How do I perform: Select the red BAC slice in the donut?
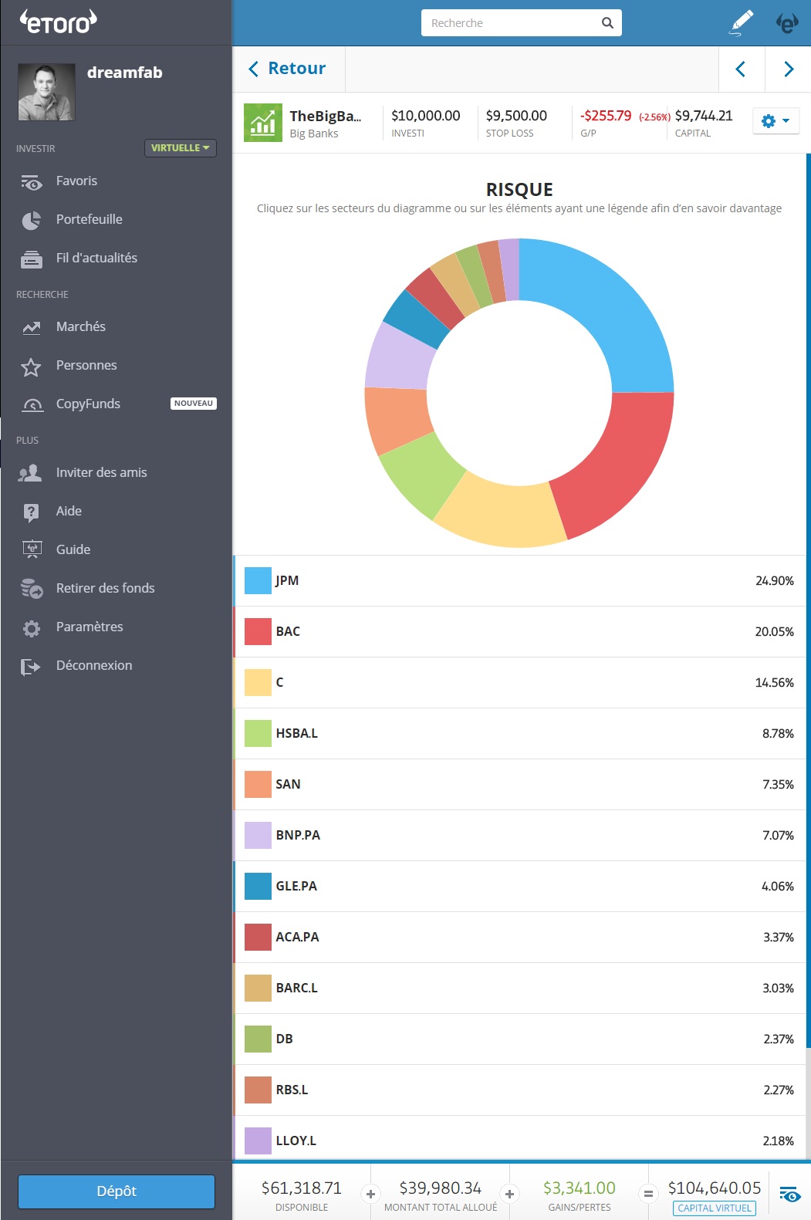pyautogui.click(x=617, y=463)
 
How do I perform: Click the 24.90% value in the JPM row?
pyautogui.click(x=774, y=581)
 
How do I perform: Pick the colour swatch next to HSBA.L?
pyautogui.click(x=258, y=733)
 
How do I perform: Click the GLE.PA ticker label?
pyautogui.click(x=296, y=886)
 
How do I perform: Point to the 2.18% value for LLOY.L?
pyautogui.click(x=778, y=1141)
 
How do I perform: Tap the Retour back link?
pyautogui.click(x=288, y=69)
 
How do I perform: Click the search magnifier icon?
pyautogui.click(x=607, y=23)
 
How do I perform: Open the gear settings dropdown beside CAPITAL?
pyautogui.click(x=775, y=121)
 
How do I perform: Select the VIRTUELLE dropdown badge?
pyautogui.click(x=180, y=148)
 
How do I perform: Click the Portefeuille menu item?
pyautogui.click(x=89, y=220)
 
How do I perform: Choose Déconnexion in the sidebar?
pyautogui.click(x=93, y=666)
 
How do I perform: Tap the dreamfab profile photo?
pyautogui.click(x=46, y=92)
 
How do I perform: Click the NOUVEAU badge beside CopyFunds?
pyautogui.click(x=193, y=404)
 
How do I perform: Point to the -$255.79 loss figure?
pyautogui.click(x=606, y=116)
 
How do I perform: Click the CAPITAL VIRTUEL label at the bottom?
pyautogui.click(x=714, y=1208)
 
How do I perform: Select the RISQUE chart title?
pyautogui.click(x=519, y=190)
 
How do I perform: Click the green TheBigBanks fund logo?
pyautogui.click(x=263, y=123)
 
